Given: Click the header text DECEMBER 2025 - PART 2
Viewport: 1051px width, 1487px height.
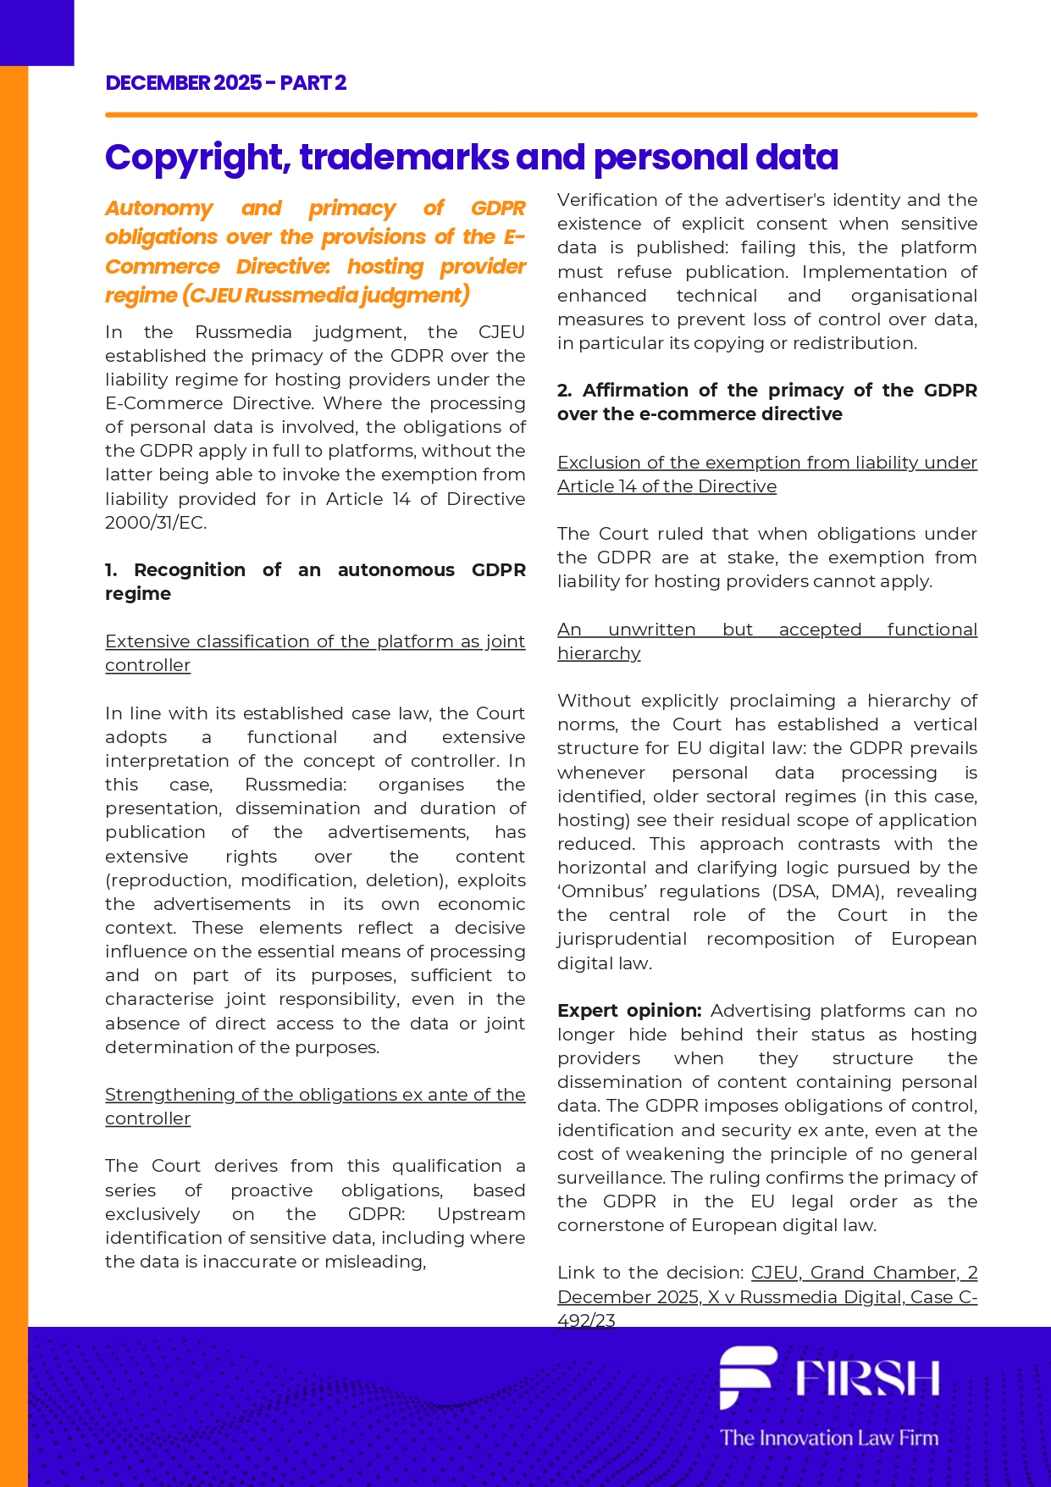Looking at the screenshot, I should pyautogui.click(x=225, y=83).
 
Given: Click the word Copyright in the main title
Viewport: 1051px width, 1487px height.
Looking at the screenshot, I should pyautogui.click(x=196, y=158).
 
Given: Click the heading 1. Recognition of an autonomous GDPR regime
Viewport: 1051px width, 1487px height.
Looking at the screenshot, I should pyautogui.click(x=315, y=581).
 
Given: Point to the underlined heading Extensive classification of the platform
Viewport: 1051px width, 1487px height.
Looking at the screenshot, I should pyautogui.click(x=315, y=652).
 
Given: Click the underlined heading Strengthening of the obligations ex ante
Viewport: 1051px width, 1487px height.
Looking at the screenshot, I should pyautogui.click(x=315, y=1106).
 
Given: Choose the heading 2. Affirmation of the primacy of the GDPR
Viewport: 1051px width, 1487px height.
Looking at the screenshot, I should pyautogui.click(x=766, y=402).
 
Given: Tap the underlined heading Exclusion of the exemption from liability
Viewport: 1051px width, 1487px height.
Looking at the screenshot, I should pyautogui.click(x=766, y=474).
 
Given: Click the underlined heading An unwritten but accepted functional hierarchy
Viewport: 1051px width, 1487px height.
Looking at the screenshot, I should pyautogui.click(x=766, y=641).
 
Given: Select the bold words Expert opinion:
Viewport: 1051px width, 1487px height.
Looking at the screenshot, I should pyautogui.click(x=629, y=1010).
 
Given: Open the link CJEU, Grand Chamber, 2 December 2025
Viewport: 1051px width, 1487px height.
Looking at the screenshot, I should pyautogui.click(x=766, y=1296).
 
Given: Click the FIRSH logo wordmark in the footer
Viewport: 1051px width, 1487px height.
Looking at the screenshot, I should pyautogui.click(x=867, y=1379).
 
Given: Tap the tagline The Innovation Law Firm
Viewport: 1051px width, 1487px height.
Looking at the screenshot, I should pyautogui.click(x=829, y=1437).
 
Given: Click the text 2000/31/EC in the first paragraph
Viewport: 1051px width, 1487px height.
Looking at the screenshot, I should pyautogui.click(x=155, y=522).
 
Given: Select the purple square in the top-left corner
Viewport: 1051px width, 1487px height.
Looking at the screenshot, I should pyautogui.click(x=36, y=32).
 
